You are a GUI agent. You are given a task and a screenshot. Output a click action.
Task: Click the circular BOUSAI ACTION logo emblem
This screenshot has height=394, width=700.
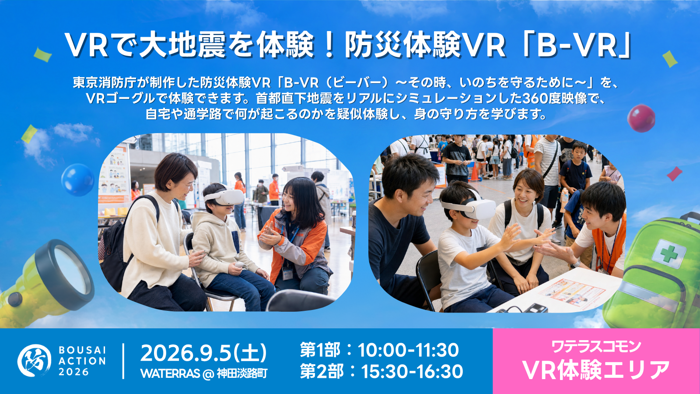click(35, 360)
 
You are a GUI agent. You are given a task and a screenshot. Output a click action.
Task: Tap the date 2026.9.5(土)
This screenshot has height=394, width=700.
click(203, 353)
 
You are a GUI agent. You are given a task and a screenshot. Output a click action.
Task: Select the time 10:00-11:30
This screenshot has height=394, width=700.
click(408, 350)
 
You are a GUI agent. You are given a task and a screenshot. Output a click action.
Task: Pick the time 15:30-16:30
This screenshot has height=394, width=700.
click(412, 372)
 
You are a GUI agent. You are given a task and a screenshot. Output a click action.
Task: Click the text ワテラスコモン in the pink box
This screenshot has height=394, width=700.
click(596, 346)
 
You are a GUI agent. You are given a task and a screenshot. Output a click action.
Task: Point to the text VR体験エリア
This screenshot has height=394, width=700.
click(596, 370)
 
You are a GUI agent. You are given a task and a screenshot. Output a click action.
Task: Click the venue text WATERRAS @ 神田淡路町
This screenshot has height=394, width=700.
click(204, 373)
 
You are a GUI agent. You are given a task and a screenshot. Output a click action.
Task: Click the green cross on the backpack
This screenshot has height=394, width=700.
click(669, 253)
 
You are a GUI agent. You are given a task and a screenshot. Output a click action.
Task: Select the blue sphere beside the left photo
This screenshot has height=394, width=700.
click(78, 180)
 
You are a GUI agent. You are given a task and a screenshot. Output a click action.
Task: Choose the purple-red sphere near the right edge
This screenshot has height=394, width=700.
click(641, 118)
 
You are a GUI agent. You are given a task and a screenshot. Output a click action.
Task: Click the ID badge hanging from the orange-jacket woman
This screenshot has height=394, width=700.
click(287, 273)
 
